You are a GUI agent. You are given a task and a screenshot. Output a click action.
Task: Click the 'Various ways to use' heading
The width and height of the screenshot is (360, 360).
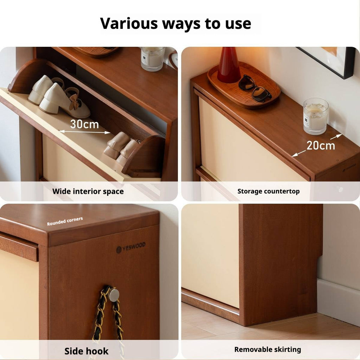click(176, 24)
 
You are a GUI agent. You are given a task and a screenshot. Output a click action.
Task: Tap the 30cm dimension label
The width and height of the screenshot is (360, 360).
click(84, 124)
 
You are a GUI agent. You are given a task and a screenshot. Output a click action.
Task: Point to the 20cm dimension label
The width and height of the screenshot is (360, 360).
click(321, 146)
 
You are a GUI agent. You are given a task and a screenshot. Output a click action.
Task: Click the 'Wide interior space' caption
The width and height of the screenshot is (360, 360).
click(88, 192)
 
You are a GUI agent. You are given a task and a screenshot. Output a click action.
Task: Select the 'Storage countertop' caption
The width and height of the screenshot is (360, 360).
click(268, 191)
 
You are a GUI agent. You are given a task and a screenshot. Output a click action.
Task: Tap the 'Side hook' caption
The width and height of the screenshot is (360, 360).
click(86, 351)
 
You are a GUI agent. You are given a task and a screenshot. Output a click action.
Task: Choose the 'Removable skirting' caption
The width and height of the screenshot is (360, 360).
click(268, 349)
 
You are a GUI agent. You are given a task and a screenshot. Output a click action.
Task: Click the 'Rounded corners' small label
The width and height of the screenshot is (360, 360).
click(65, 221)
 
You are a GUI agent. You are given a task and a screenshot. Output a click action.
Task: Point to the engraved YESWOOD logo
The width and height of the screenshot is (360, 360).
click(131, 247)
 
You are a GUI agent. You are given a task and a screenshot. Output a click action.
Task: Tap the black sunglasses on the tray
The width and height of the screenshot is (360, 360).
click(255, 88)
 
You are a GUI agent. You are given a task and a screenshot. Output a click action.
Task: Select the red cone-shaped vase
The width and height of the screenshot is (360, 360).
click(229, 65)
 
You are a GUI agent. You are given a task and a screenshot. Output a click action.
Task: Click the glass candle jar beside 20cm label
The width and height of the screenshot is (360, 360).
click(316, 116)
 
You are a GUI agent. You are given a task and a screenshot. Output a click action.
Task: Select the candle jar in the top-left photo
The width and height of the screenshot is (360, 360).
click(153, 59)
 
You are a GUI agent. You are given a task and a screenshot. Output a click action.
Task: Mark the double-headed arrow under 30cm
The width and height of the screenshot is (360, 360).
click(85, 132)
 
